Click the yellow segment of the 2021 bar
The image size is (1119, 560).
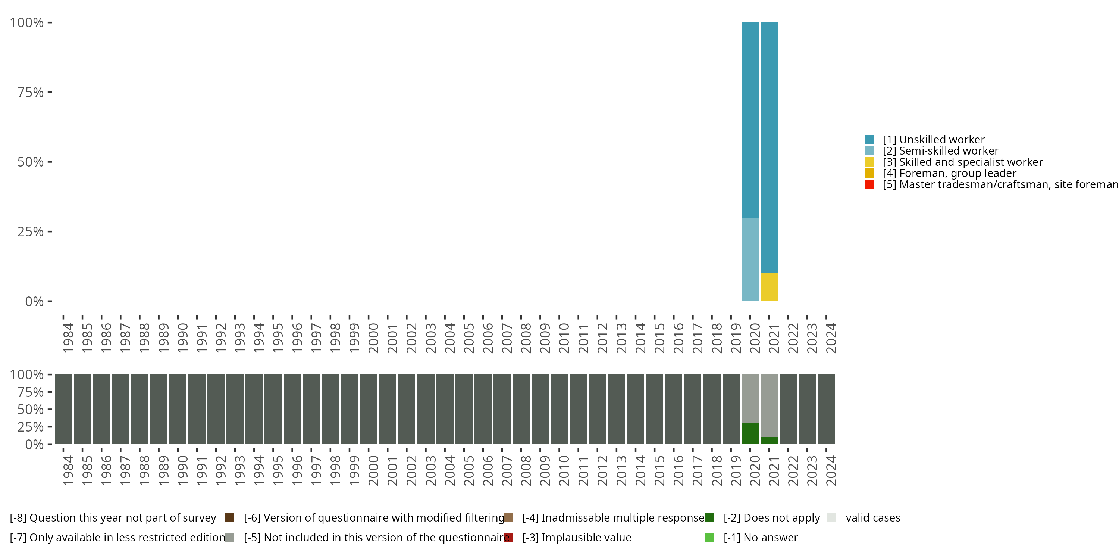pyautogui.click(x=769, y=287)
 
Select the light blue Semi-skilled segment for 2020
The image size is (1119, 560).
pyautogui.click(x=750, y=259)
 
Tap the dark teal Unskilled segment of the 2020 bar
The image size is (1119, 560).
pyautogui.click(x=750, y=119)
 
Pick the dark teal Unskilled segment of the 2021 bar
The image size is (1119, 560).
pyautogui.click(x=769, y=148)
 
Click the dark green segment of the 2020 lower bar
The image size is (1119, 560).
pyautogui.click(x=750, y=433)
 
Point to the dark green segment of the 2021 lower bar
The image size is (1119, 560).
pyautogui.click(x=769, y=440)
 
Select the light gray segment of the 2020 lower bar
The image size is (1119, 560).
pyautogui.click(x=750, y=399)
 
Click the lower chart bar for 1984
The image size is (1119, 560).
pyautogui.click(x=63, y=409)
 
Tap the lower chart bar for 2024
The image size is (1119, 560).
pyautogui.click(x=826, y=409)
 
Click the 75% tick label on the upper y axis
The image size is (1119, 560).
pyautogui.click(x=31, y=92)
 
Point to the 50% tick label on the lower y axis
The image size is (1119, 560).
pyautogui.click(x=31, y=410)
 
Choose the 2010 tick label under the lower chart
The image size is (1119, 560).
pyautogui.click(x=564, y=470)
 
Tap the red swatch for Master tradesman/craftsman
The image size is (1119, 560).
pyautogui.click(x=869, y=184)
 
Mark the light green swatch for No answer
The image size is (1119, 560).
pyautogui.click(x=710, y=537)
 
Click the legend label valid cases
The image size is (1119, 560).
pyautogui.click(x=873, y=518)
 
